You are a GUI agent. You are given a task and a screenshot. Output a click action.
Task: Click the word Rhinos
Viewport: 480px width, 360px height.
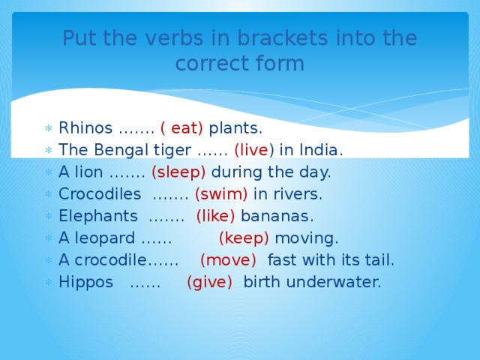click(x=85, y=128)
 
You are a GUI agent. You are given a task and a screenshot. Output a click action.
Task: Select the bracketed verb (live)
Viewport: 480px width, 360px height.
click(x=254, y=150)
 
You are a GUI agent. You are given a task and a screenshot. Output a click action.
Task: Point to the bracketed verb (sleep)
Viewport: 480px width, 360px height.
click(x=178, y=172)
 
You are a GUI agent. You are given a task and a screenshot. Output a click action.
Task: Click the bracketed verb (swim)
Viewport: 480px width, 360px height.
click(x=221, y=194)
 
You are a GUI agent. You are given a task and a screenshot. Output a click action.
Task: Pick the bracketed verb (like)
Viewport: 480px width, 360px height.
click(x=215, y=217)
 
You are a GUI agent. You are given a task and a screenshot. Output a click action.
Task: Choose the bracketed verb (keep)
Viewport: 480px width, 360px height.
click(x=244, y=238)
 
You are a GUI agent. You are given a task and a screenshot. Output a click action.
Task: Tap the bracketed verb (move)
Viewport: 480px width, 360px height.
click(x=229, y=261)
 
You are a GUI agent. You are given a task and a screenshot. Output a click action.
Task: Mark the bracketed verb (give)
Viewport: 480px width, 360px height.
click(x=210, y=283)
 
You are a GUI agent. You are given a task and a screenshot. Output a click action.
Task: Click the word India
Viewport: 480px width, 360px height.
click(x=320, y=150)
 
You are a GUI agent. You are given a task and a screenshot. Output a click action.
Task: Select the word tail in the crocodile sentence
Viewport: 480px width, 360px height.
click(x=379, y=261)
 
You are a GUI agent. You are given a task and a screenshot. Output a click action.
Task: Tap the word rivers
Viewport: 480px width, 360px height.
click(x=298, y=194)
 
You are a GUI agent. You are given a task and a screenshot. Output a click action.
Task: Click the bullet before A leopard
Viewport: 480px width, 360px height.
click(x=48, y=239)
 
